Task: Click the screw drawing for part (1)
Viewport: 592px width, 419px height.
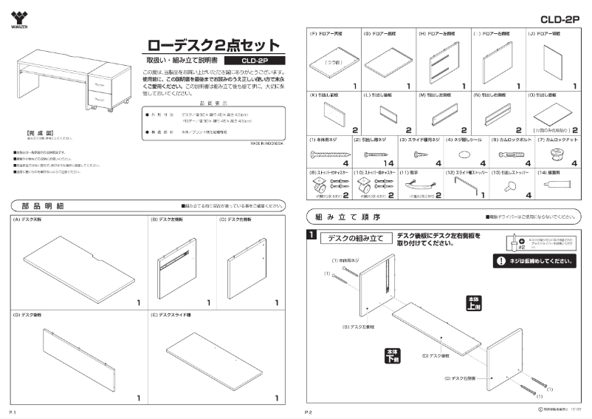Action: [325, 154]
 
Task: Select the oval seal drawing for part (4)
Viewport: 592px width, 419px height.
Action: [464, 154]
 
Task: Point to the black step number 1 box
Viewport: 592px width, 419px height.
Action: [312, 236]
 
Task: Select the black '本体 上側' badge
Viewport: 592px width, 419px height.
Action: [473, 302]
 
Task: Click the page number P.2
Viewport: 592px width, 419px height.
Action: [310, 411]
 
